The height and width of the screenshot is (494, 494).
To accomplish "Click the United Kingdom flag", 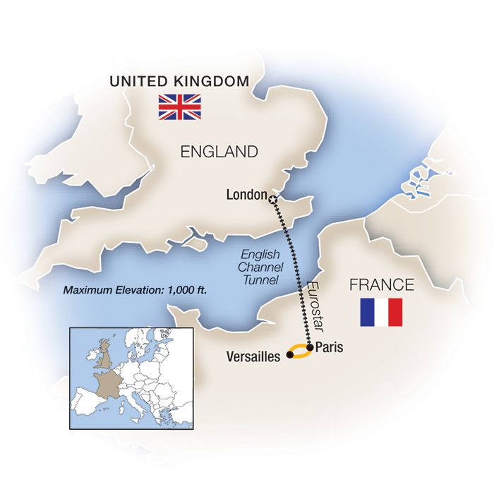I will point(179,107).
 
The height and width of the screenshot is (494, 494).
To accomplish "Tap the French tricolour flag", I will point(381,312).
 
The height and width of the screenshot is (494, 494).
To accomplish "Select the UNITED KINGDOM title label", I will point(179,82).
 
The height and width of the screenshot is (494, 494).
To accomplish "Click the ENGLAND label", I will point(219,151).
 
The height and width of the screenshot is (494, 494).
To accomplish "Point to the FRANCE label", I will point(381,285).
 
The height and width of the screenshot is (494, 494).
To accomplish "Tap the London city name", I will point(246,195).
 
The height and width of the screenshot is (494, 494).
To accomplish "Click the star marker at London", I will point(273,199).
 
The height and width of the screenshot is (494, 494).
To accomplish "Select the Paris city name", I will point(329,347).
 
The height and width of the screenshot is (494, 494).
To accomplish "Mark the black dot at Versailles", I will point(289,356).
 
